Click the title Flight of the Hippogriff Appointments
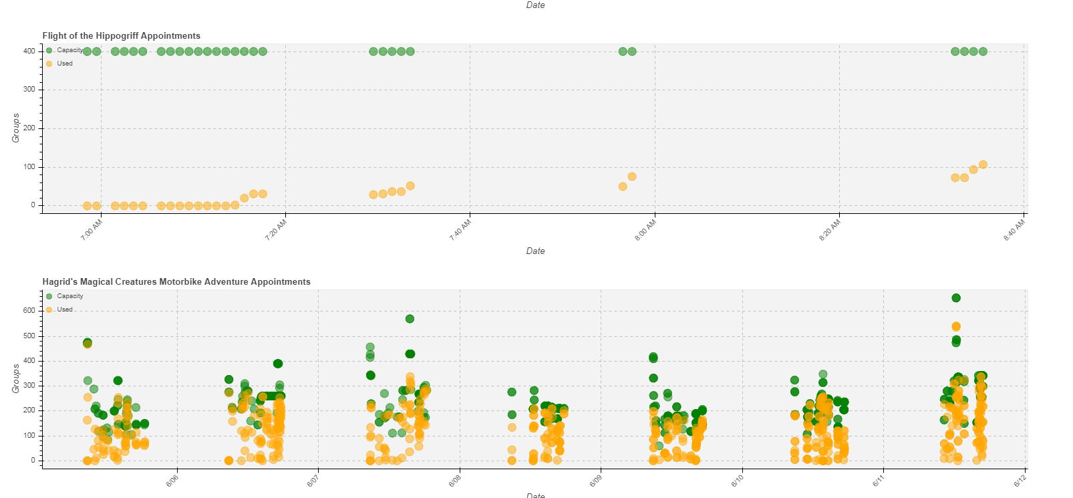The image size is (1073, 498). pyautogui.click(x=121, y=36)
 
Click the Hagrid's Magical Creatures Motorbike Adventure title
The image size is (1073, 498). pyautogui.click(x=176, y=282)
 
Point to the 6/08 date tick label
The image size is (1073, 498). pyautogui.click(x=454, y=481)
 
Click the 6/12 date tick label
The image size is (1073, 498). pyautogui.click(x=1020, y=481)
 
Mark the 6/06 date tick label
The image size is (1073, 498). pyautogui.click(x=172, y=481)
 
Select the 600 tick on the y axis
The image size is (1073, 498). pyautogui.click(x=29, y=311)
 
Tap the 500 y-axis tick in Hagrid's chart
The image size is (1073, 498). pyautogui.click(x=29, y=336)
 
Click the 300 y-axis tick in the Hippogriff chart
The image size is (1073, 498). pyautogui.click(x=29, y=90)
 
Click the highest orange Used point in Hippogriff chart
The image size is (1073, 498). pyautogui.click(x=983, y=164)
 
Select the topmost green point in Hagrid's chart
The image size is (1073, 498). pyautogui.click(x=956, y=298)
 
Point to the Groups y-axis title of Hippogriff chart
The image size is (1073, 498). pyautogui.click(x=16, y=128)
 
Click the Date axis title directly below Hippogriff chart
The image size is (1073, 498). pyautogui.click(x=535, y=251)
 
